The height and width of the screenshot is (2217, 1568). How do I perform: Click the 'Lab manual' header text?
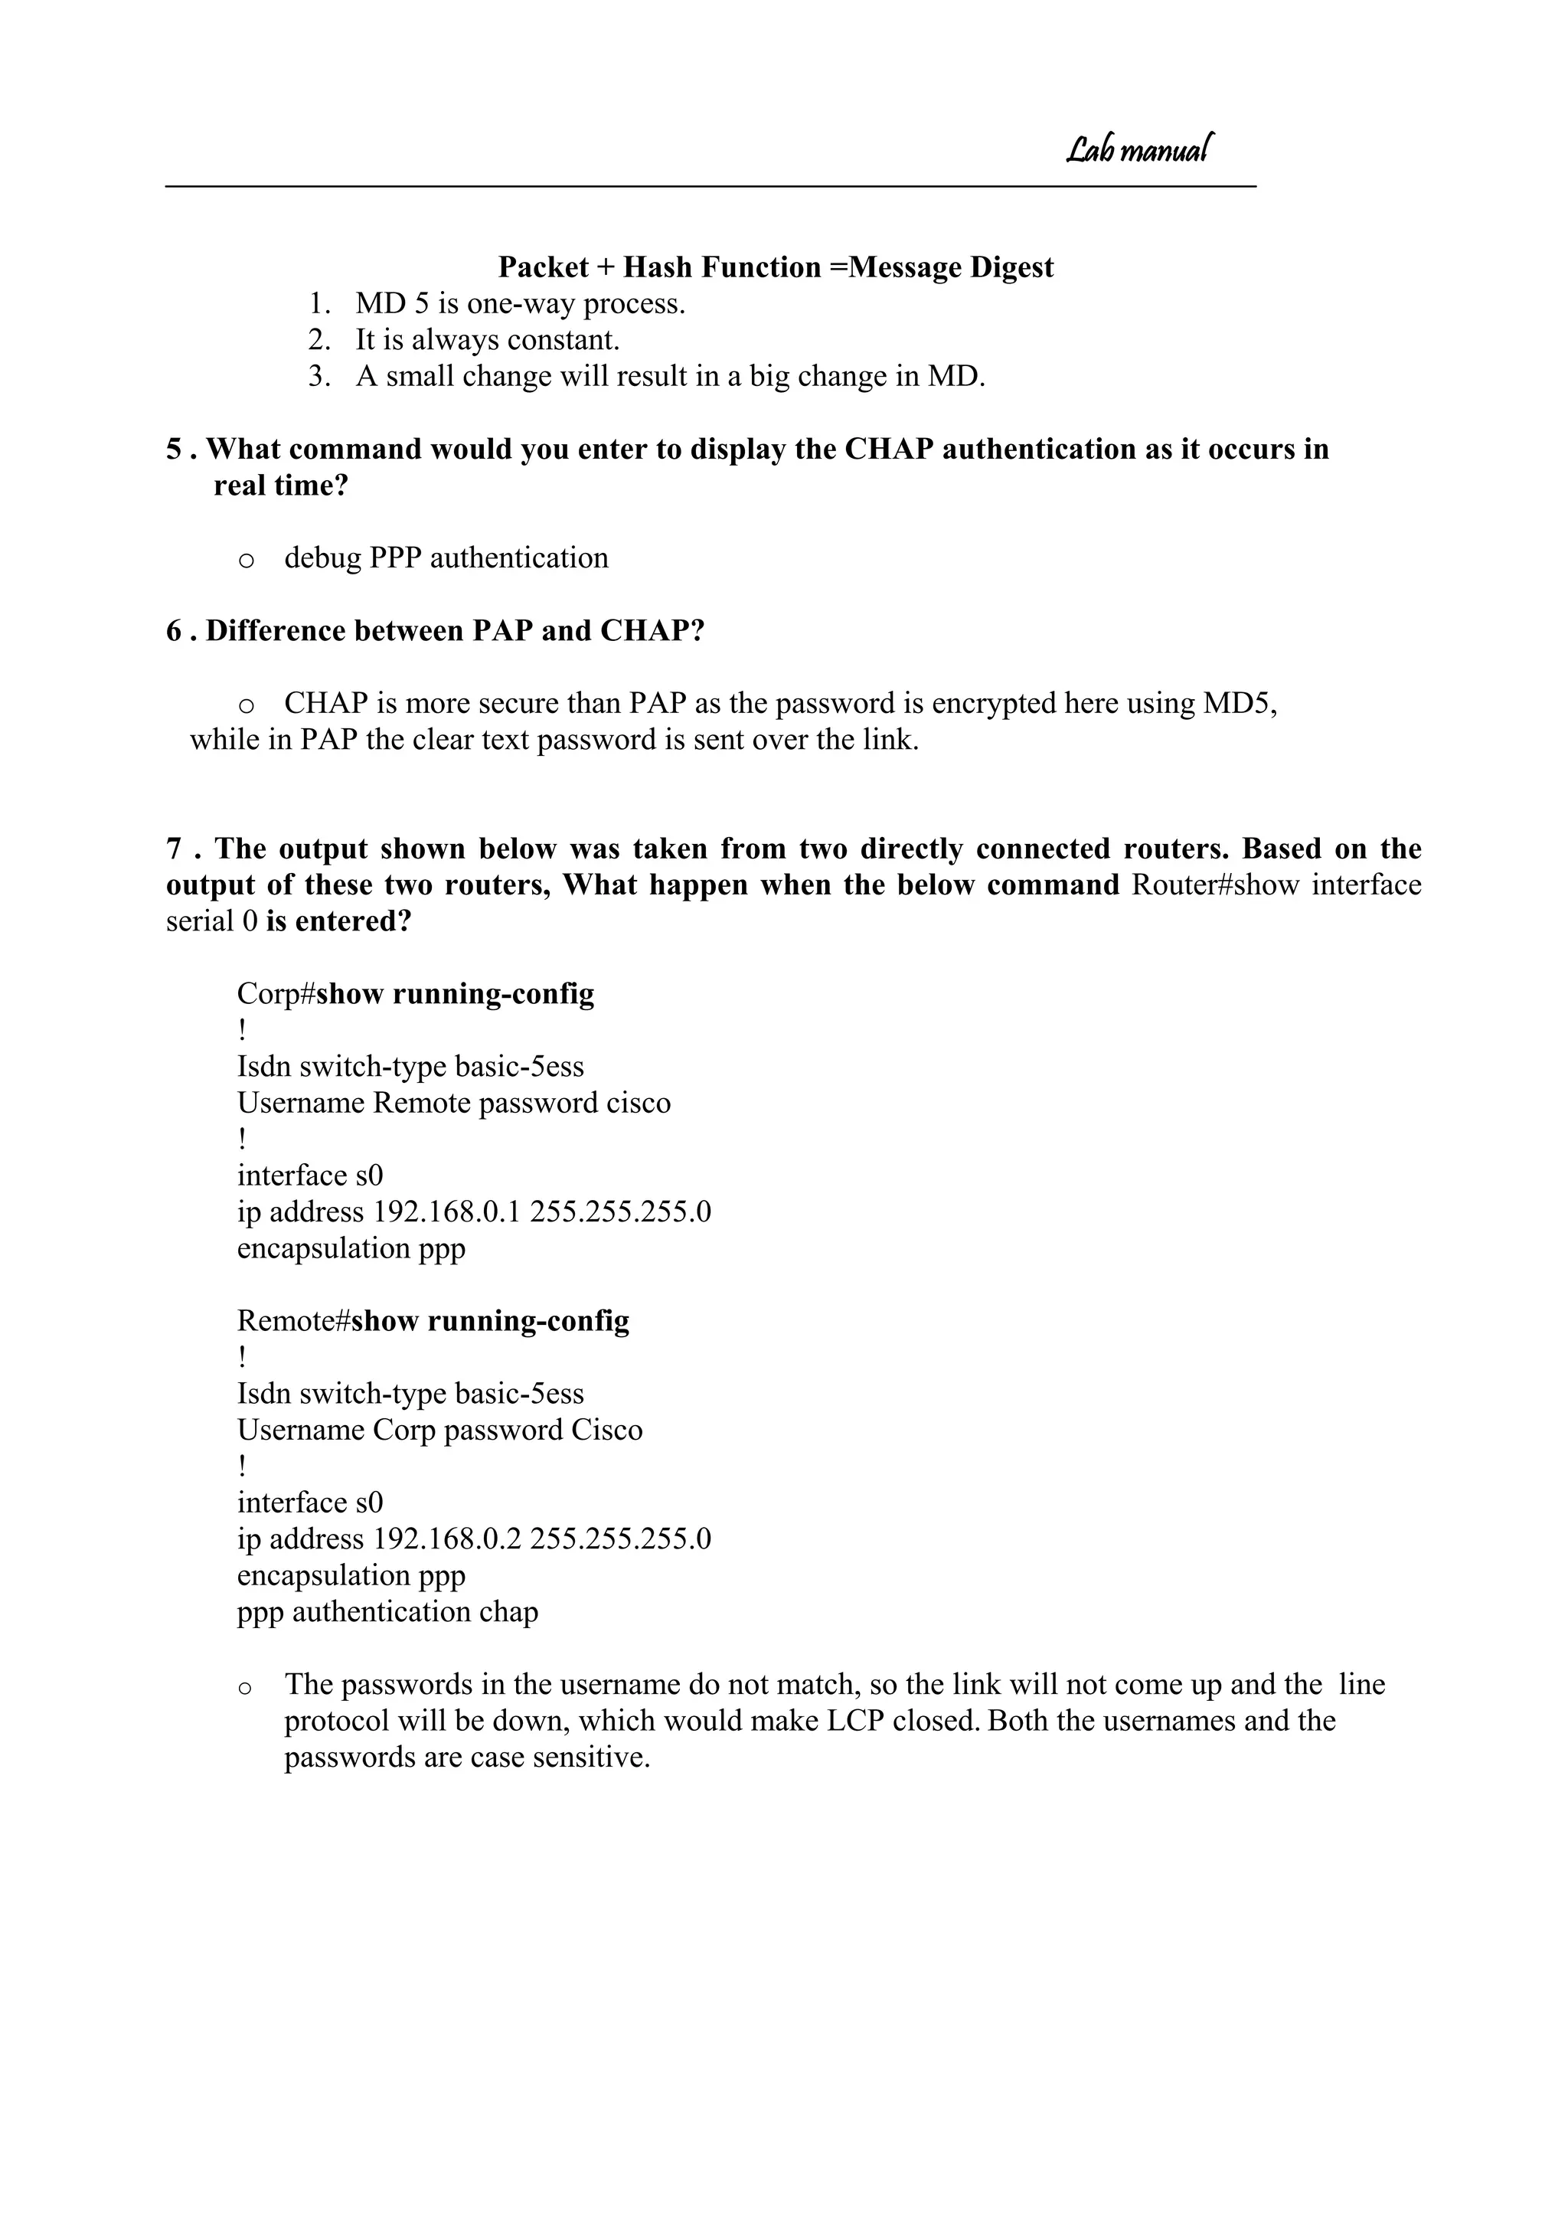click(1138, 149)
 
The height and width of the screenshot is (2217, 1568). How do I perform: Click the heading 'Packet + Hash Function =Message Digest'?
click(776, 267)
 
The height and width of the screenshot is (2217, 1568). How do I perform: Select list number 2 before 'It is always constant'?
click(319, 341)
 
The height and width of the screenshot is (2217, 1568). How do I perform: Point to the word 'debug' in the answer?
click(322, 559)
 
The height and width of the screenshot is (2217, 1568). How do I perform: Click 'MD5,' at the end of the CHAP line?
click(1240, 704)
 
